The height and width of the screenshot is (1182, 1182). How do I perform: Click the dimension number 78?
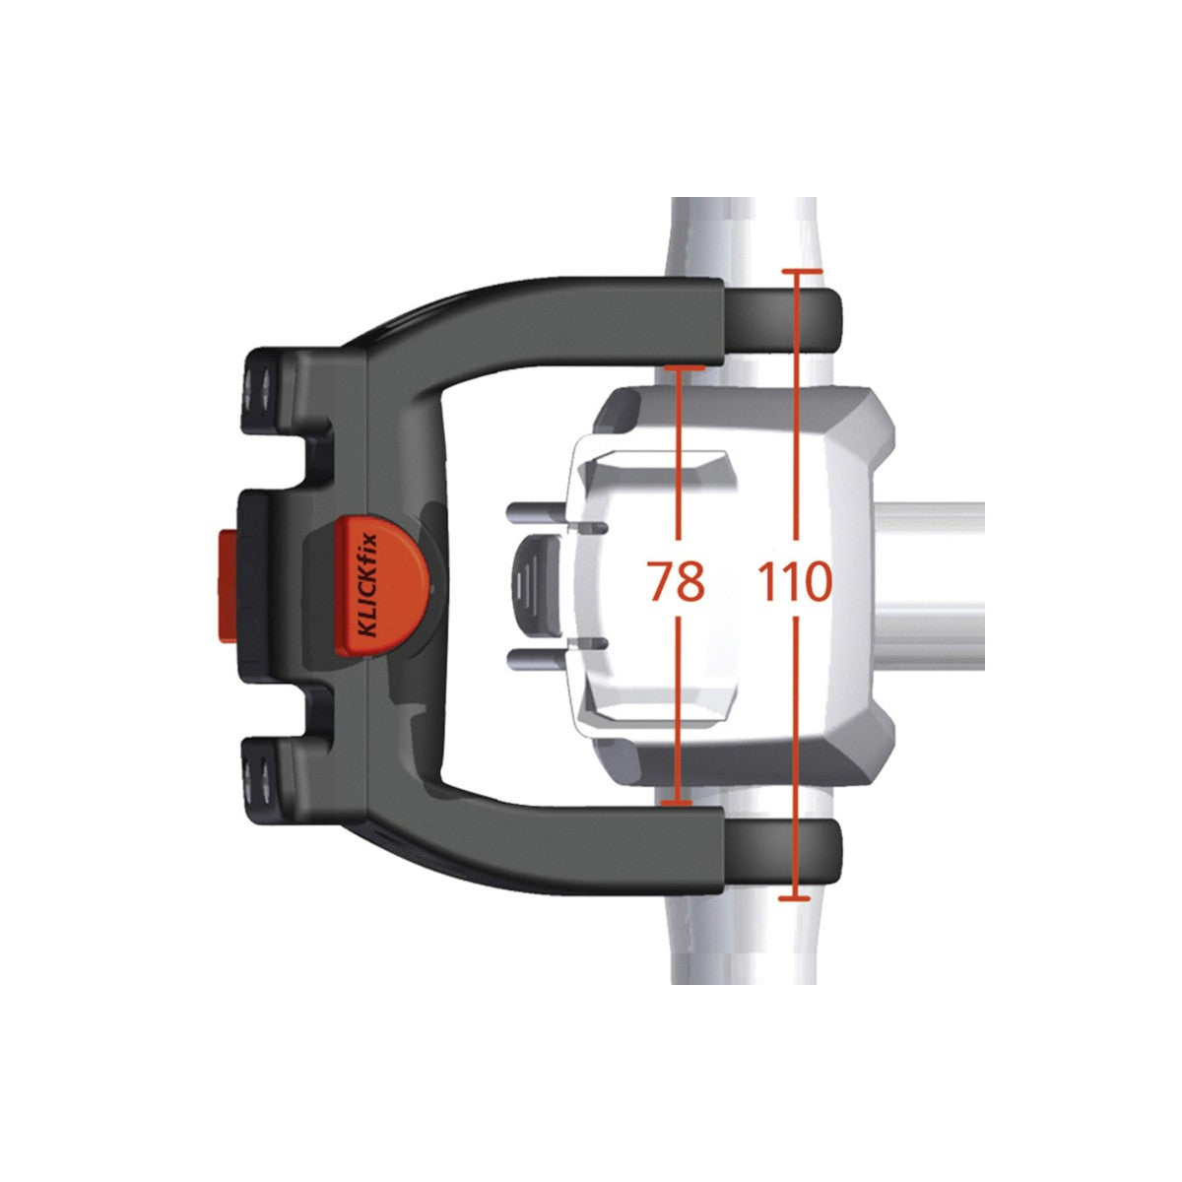pos(677,581)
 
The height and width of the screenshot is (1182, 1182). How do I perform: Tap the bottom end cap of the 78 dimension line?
pos(676,804)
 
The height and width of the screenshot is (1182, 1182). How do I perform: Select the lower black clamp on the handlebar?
pos(783,849)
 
